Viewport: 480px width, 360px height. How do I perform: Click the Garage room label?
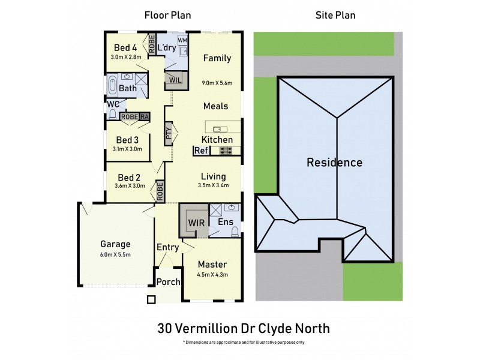(x=116, y=244)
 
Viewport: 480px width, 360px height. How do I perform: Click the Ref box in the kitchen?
(x=200, y=151)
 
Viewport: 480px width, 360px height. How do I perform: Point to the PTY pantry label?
(x=169, y=133)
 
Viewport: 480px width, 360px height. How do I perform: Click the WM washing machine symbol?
(x=182, y=39)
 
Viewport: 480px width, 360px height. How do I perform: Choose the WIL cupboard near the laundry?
(x=176, y=80)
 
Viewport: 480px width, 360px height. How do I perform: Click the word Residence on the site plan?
(x=334, y=162)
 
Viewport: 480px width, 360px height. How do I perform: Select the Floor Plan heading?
(x=168, y=15)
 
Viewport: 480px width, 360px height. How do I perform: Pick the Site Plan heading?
(x=335, y=15)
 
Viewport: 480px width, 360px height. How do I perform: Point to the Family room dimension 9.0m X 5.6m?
(x=217, y=83)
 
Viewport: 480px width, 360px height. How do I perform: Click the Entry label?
(x=167, y=247)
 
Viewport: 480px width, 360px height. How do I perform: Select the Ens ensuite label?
(x=226, y=222)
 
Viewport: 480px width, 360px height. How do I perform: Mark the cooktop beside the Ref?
(x=226, y=151)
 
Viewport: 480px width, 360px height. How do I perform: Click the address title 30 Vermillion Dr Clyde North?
(x=243, y=328)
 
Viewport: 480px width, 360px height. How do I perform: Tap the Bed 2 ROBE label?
(x=160, y=191)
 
